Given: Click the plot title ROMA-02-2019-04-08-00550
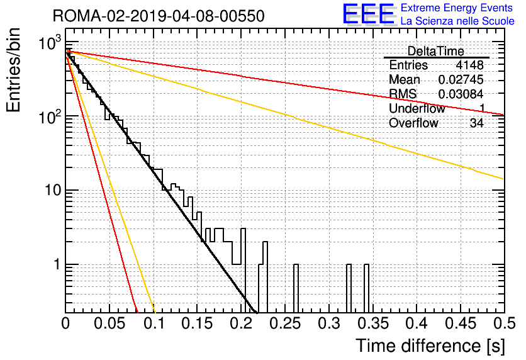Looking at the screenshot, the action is (x=159, y=16).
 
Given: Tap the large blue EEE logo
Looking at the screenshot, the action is (x=368, y=14).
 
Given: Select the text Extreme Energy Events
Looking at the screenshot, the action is (x=457, y=8).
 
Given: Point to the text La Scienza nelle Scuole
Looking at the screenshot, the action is (x=457, y=21).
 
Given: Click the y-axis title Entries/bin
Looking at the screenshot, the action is (x=13, y=70).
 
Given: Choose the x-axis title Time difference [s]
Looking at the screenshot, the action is (x=430, y=346).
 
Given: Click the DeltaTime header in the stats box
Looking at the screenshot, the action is (x=436, y=51).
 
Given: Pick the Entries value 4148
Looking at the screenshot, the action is (x=469, y=65).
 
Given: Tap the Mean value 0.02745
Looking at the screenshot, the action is (x=461, y=79).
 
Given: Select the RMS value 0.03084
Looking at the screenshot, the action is (x=461, y=94).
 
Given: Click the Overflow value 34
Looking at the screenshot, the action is (x=477, y=123).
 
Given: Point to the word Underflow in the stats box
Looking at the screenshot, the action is (x=417, y=109).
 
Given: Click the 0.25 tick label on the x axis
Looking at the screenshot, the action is (x=285, y=323).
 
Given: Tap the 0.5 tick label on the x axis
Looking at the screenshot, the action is (x=505, y=323).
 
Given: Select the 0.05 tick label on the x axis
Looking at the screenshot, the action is (x=109, y=323).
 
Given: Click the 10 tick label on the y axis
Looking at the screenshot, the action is (x=53, y=190).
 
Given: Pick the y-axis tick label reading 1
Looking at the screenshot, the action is (x=57, y=264).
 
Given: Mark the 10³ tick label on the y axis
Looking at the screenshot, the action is (x=50, y=42).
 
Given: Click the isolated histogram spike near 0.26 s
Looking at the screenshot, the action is (x=296, y=288).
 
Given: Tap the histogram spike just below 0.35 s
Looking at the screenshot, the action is (x=366, y=288).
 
